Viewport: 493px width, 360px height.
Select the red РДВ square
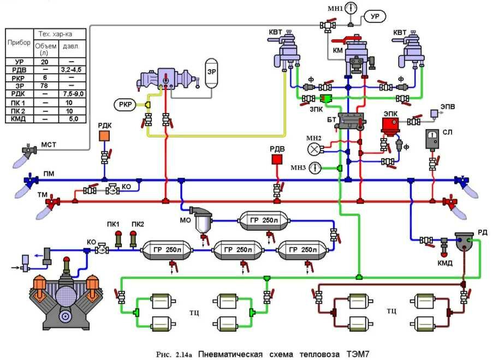277,160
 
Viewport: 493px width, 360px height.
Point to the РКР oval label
124,104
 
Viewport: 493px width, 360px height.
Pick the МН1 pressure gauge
350,8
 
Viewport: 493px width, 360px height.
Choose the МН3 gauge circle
315,167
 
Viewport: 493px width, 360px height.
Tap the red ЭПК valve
390,126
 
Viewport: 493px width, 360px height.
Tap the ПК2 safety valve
133,238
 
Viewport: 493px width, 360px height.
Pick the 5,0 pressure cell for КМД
73,118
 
